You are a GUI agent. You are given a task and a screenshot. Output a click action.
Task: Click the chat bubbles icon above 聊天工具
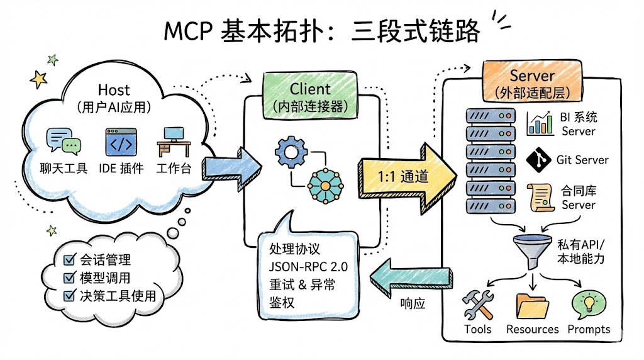(x=64, y=142)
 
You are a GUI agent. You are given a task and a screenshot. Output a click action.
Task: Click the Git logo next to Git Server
(x=538, y=159)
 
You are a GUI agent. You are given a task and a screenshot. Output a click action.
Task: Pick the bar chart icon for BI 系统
(x=540, y=123)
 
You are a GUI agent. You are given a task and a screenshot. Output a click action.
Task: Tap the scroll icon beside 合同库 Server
(x=539, y=197)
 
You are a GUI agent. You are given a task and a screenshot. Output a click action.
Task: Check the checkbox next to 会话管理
(x=70, y=260)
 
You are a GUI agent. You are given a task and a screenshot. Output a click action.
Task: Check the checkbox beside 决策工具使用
(x=70, y=296)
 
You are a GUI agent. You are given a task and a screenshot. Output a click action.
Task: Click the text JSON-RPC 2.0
(x=308, y=267)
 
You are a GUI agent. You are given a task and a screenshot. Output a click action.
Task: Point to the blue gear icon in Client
(x=290, y=151)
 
